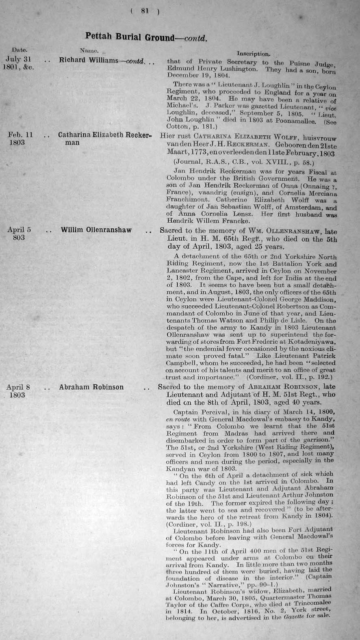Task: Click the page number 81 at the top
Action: tap(144, 11)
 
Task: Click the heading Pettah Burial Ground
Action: tap(129, 37)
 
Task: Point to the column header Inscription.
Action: tap(253, 53)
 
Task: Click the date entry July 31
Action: tap(19, 59)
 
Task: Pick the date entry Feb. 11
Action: tap(20, 135)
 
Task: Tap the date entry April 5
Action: tap(19, 230)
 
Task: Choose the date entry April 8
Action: tap(19, 387)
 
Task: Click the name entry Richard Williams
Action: tap(89, 60)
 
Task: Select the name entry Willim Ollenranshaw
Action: tap(96, 230)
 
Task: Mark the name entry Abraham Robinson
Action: tap(91, 387)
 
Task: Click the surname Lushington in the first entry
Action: tap(240, 69)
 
